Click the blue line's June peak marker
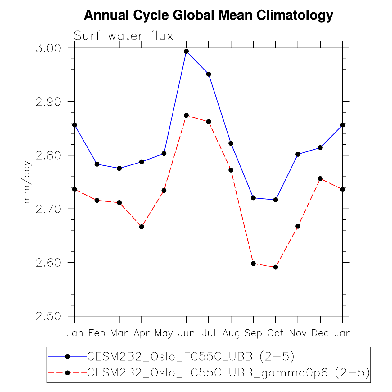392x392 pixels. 186,52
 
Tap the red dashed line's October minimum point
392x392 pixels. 276,267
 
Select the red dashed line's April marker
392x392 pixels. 142,227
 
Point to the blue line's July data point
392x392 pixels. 209,74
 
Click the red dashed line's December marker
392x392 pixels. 320,179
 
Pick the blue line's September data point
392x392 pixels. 253,198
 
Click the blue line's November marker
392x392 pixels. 298,154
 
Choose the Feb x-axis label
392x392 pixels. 97,333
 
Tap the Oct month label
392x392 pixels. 276,333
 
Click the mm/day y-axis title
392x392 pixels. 27,182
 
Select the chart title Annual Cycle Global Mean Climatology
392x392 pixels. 209,15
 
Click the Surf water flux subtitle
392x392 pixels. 124,36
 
